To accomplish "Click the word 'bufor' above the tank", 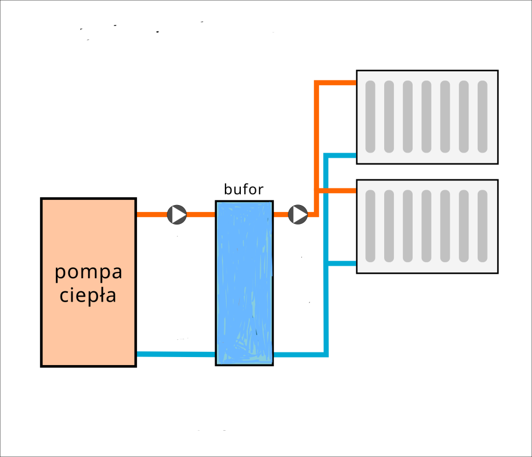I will pos(244,190).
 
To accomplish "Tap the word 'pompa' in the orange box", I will pos(88,272).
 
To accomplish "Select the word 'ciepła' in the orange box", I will pos(88,296).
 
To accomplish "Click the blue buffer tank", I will pos(244,283).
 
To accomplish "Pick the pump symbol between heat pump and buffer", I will pos(177,215).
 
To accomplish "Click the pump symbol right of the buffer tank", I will pos(298,215).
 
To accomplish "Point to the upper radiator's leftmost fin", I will pos(370,117).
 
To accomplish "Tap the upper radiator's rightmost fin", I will pos(482,117).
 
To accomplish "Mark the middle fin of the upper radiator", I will pos(426,117).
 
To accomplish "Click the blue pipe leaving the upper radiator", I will pos(341,155).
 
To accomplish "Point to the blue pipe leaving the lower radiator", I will pos(341,263).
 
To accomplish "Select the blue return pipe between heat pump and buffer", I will pos(175,354).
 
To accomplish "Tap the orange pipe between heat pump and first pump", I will pos(151,215).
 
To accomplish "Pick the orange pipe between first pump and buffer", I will pos(201,215).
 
